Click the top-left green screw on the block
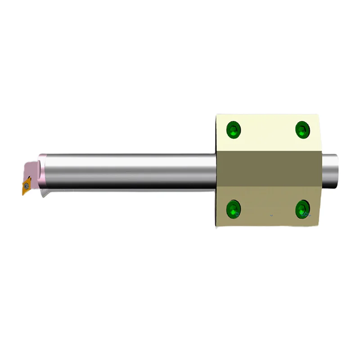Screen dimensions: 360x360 point(234,130)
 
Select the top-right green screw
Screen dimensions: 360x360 point(302,130)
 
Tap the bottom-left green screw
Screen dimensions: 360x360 point(234,209)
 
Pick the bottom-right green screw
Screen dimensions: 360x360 point(302,208)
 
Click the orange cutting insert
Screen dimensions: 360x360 point(26,185)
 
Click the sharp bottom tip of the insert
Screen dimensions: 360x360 point(23,194)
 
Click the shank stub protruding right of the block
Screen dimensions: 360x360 point(330,171)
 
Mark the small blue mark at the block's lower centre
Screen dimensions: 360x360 point(271,216)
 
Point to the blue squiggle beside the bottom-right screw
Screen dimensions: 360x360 point(307,214)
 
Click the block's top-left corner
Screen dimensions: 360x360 point(217,115)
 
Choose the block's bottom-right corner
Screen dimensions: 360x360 point(319,225)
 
